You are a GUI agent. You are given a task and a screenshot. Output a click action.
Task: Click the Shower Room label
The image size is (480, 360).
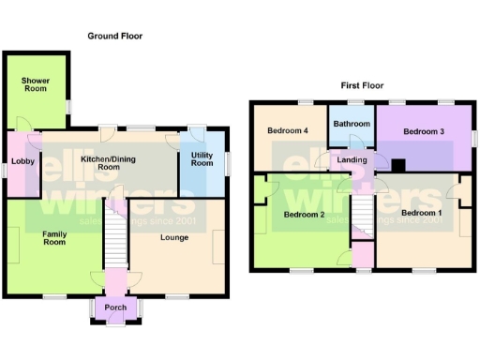36,84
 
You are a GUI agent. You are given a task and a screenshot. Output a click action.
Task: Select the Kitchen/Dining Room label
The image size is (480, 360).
108,163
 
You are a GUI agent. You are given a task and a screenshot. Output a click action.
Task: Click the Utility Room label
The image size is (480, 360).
202,158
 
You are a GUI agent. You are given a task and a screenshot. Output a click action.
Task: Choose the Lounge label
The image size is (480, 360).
174,237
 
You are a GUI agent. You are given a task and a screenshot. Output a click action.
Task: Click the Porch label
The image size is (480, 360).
115,308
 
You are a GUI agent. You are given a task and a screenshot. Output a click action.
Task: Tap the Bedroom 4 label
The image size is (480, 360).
288,130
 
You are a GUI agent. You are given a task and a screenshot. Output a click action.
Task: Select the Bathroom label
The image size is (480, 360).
352,123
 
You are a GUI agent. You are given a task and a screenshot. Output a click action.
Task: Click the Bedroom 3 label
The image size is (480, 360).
424,131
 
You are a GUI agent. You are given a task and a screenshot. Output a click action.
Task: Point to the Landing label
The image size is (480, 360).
352,160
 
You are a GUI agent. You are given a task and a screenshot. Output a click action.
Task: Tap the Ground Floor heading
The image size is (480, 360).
115,36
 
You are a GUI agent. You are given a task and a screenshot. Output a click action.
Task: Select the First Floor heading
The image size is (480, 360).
363,85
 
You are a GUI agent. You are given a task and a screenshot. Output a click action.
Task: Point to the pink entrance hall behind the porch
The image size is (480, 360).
115,278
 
